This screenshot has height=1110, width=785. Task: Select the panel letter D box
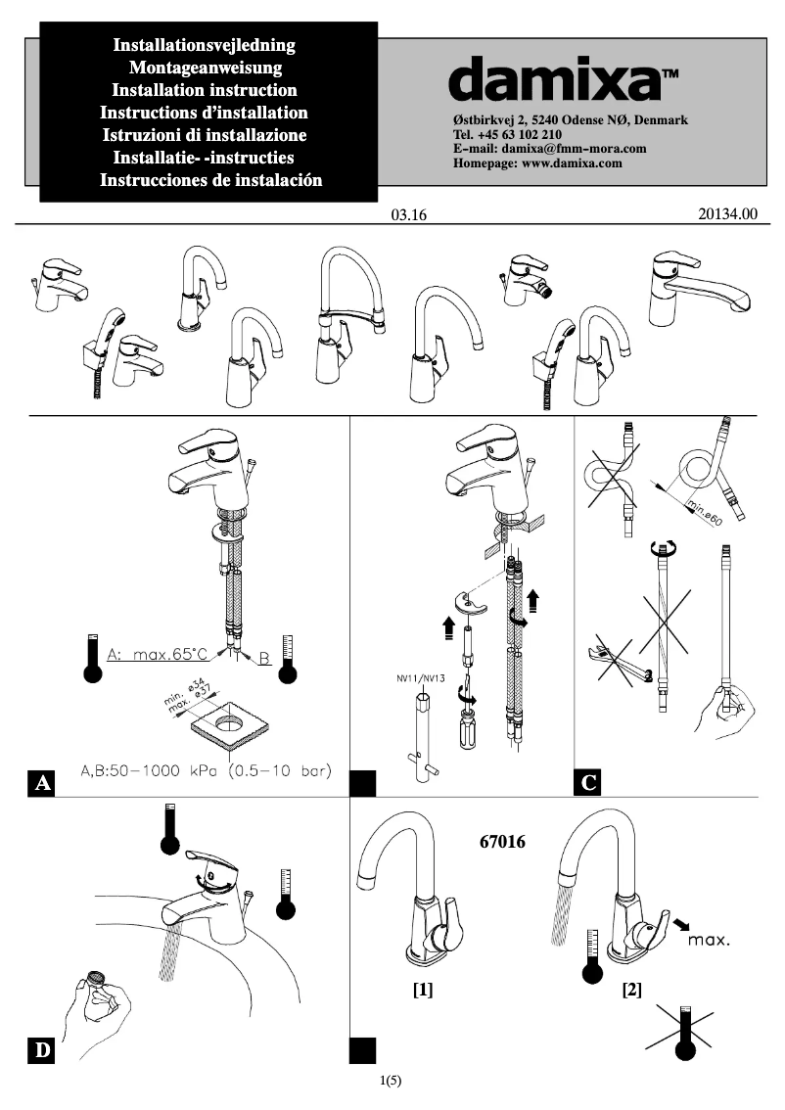(42, 1050)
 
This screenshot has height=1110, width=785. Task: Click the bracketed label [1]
(423, 990)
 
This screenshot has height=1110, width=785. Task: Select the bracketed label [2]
(631, 990)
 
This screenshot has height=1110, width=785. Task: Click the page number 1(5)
(391, 1081)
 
